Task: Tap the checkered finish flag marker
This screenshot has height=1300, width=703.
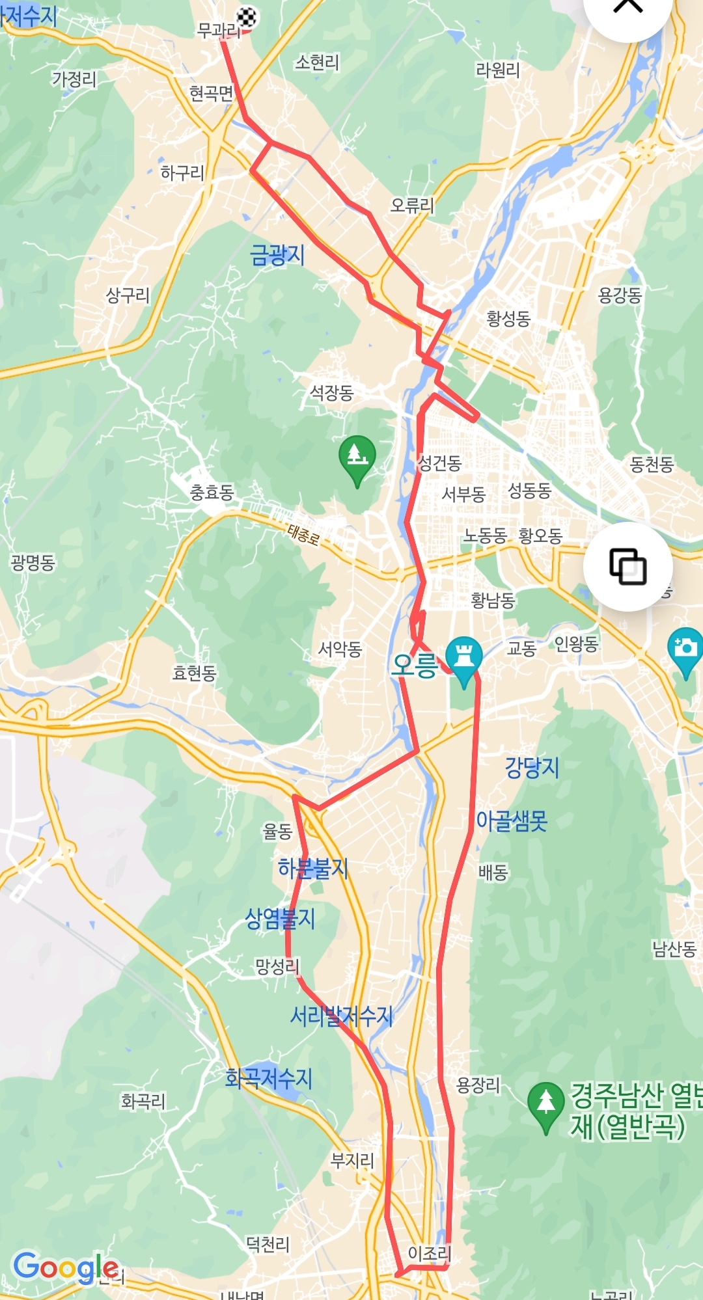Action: tap(246, 18)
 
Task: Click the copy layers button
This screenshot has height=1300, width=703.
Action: tap(627, 566)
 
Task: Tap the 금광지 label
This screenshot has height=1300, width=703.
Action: tap(277, 254)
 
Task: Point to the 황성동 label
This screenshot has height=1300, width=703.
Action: tap(508, 318)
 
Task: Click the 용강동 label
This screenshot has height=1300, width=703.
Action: tap(620, 295)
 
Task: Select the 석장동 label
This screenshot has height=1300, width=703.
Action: tap(331, 392)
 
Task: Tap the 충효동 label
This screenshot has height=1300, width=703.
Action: tap(212, 492)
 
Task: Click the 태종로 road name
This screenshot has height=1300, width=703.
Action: tap(303, 535)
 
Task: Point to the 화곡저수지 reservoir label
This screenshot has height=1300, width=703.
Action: tap(268, 1078)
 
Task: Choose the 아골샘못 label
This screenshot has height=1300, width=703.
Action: tap(512, 821)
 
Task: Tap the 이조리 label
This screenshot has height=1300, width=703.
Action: tap(429, 1253)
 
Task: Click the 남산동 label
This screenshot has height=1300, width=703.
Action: tap(674, 949)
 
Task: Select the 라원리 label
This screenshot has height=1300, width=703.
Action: tap(498, 70)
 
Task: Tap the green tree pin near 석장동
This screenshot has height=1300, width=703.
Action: tap(357, 456)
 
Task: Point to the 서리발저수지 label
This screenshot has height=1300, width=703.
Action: tap(341, 1016)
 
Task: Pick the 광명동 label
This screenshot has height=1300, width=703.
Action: tap(33, 562)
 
